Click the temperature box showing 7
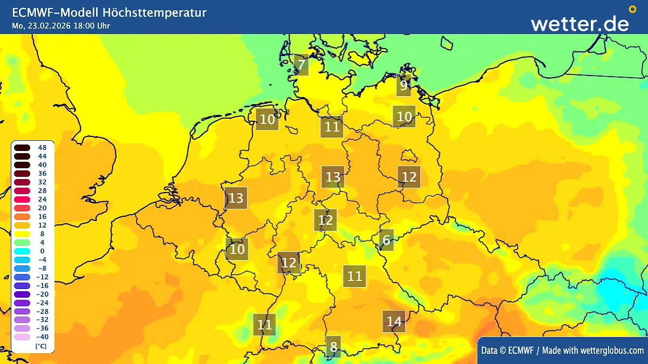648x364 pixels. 302,66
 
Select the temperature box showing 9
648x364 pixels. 403,85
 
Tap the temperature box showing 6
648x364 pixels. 386,240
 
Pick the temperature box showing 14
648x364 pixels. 394,321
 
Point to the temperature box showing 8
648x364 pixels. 334,347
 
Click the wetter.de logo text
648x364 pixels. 579,23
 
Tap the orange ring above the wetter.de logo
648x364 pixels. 632,9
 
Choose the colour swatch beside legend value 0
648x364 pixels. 23,251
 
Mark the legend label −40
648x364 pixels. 42,337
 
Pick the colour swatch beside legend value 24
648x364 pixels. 23,199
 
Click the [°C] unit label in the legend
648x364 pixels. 40,346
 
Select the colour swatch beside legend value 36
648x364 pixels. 23,173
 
